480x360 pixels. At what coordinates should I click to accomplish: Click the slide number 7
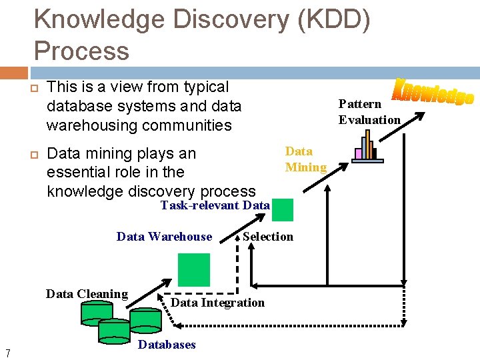pyautogui.click(x=7, y=353)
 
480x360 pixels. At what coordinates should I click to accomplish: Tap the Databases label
pyautogui.click(x=167, y=345)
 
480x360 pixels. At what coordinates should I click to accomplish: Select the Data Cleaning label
pyautogui.click(x=87, y=294)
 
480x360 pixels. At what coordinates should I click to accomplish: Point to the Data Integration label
pyautogui.click(x=218, y=303)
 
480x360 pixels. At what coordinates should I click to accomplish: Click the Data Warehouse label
pyautogui.click(x=164, y=237)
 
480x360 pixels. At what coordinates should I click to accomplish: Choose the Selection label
pyautogui.click(x=268, y=237)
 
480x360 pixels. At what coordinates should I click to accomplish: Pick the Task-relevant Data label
pyautogui.click(x=215, y=205)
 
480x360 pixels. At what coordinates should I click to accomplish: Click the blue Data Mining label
pyautogui.click(x=306, y=159)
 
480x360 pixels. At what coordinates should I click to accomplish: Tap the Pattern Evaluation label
pyautogui.click(x=369, y=112)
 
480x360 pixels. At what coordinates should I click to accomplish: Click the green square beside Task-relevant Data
pyautogui.click(x=283, y=209)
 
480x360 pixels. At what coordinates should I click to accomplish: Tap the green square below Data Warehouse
pyautogui.click(x=194, y=269)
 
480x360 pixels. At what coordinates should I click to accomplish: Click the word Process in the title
pyautogui.click(x=81, y=50)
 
